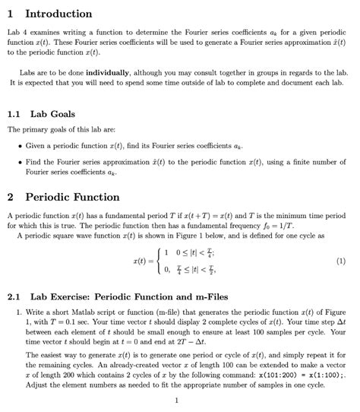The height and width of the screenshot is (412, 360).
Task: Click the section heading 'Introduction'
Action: click(58, 14)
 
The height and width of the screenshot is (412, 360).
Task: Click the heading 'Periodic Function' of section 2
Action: click(73, 197)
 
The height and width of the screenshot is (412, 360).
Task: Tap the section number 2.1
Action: click(14, 296)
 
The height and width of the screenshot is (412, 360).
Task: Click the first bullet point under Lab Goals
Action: click(19, 144)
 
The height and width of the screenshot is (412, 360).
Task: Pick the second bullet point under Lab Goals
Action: click(19, 162)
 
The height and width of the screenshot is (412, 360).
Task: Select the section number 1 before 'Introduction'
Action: click(10, 14)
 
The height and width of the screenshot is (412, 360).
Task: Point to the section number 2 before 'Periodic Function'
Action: click(10, 197)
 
